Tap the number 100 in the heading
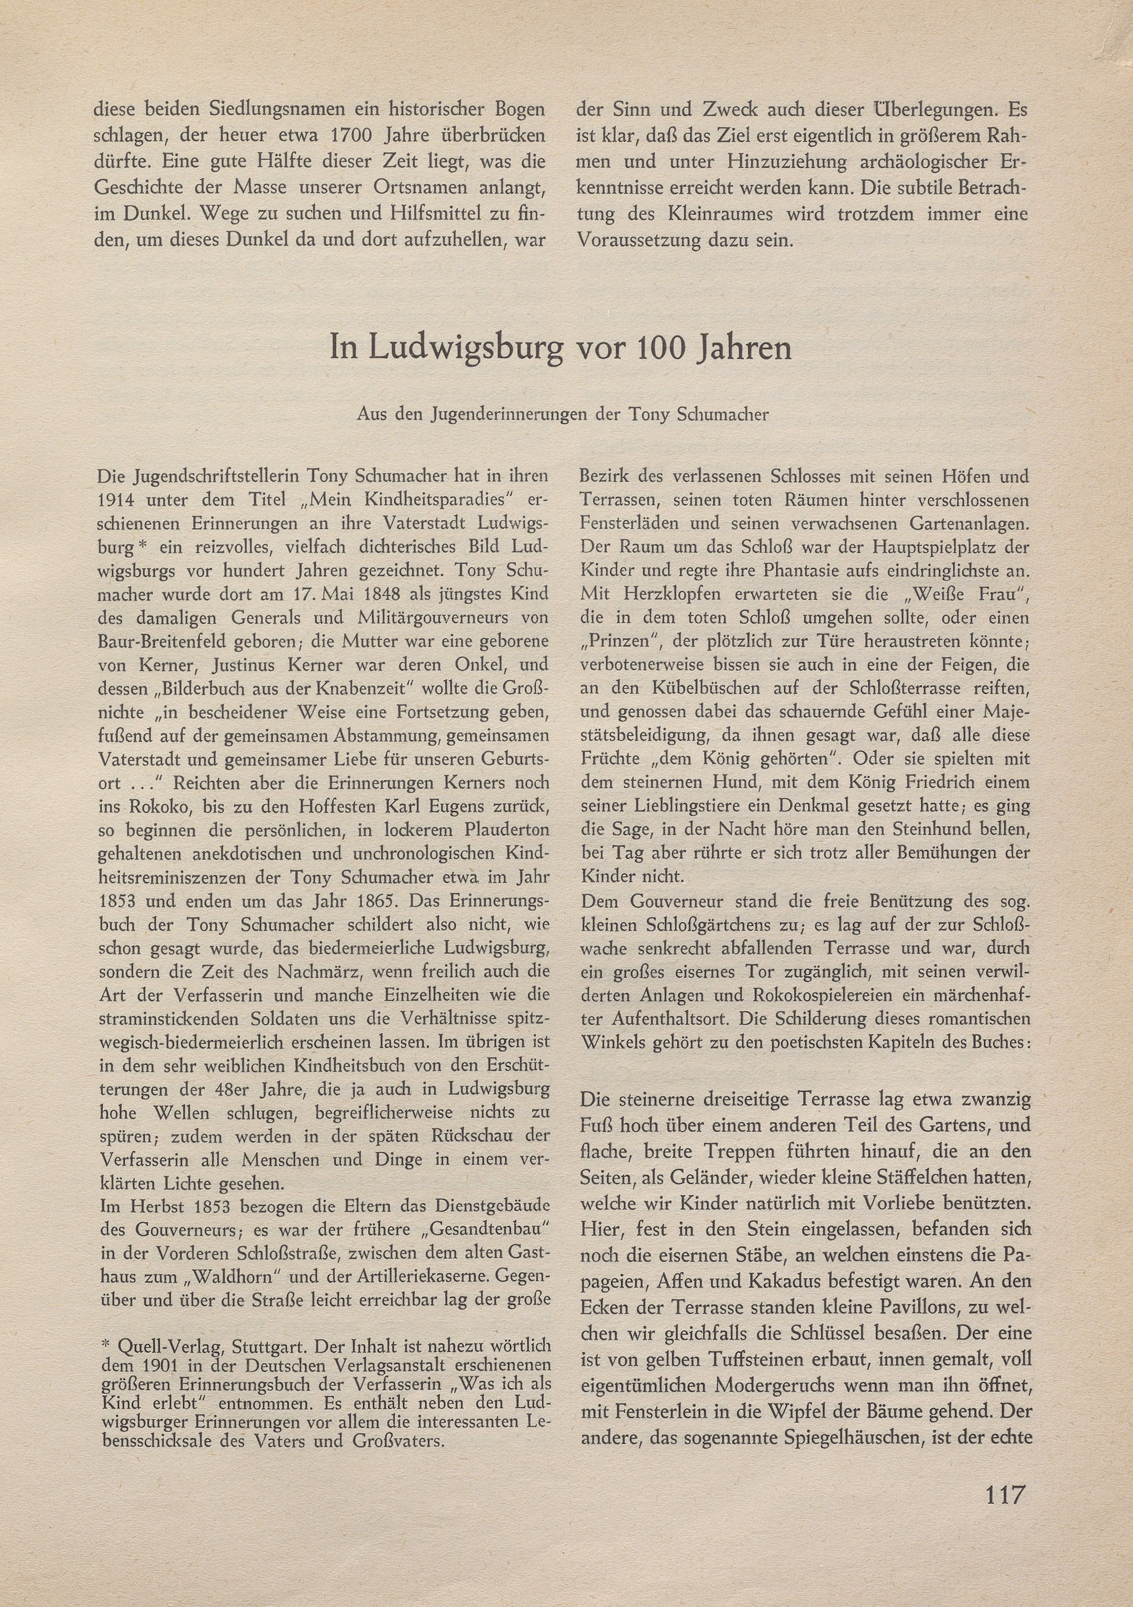point(651,348)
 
